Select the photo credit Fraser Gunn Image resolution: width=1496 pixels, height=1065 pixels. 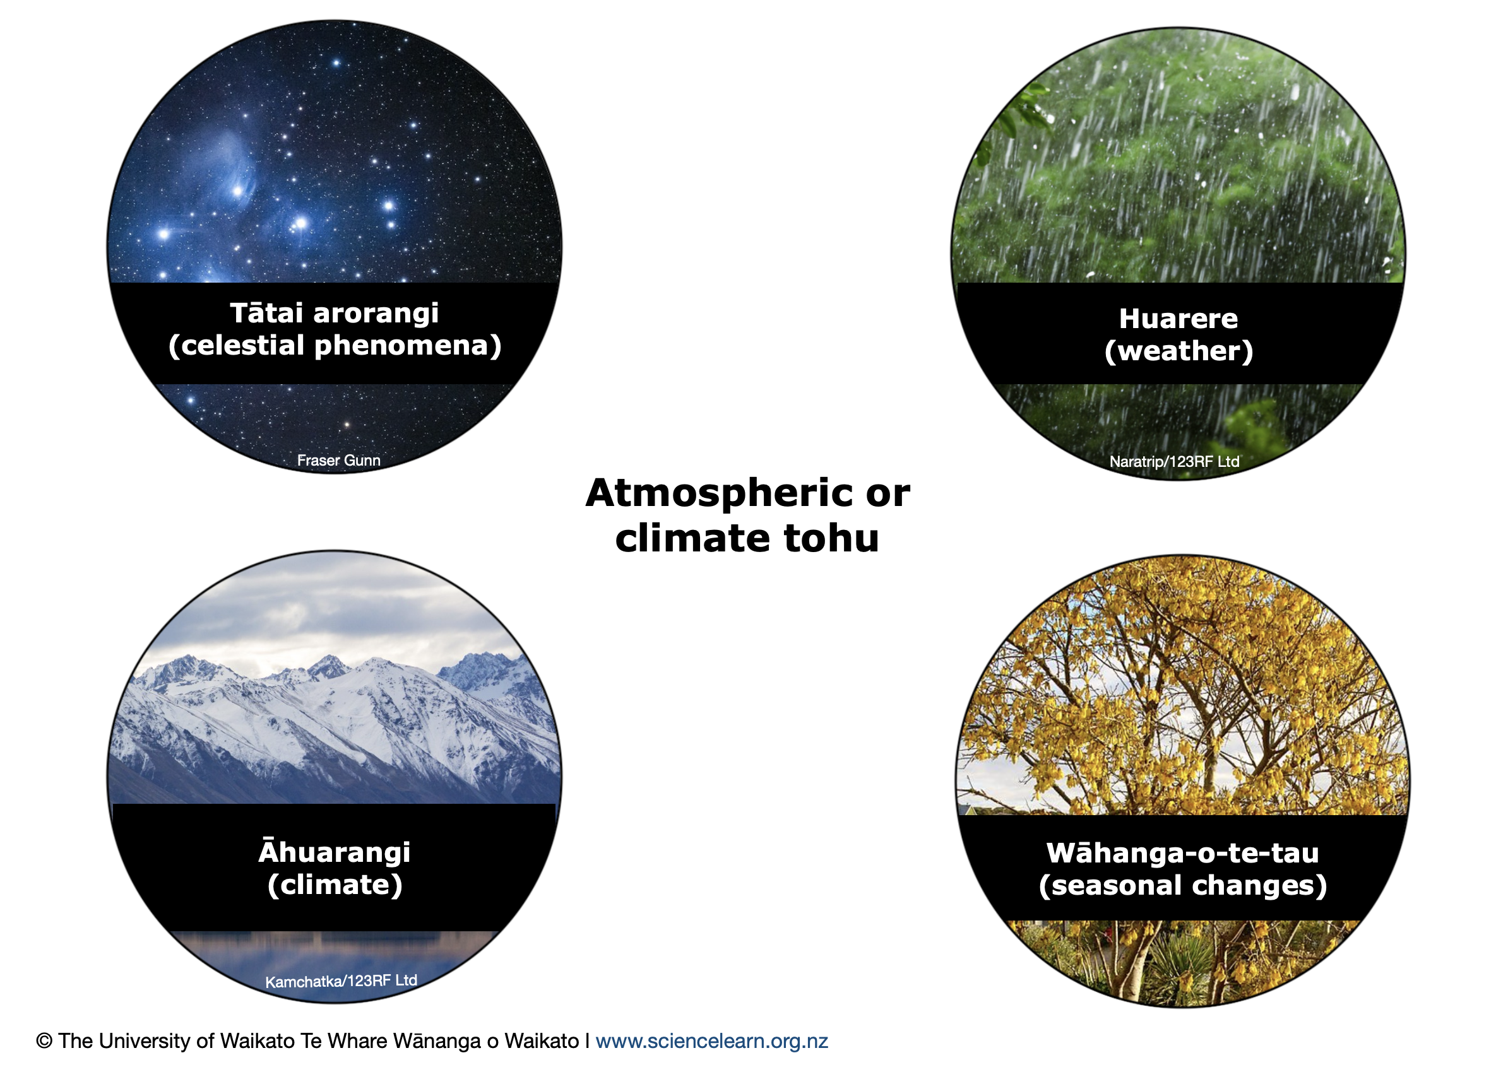(x=338, y=461)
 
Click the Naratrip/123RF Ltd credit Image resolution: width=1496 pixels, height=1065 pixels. (x=1174, y=462)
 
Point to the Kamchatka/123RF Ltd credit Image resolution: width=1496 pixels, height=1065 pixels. (x=341, y=981)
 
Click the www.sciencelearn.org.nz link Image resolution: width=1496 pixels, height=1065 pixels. (x=711, y=1041)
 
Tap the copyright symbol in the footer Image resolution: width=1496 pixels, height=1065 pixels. (x=44, y=1041)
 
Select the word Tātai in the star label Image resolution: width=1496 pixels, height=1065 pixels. (x=266, y=313)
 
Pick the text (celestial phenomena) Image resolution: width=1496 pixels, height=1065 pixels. (x=335, y=346)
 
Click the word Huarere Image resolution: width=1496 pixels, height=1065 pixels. (x=1178, y=319)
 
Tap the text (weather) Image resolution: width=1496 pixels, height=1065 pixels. (x=1178, y=351)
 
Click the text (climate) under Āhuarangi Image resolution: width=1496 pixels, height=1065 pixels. (x=335, y=885)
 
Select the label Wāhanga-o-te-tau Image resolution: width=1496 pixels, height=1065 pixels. (x=1182, y=852)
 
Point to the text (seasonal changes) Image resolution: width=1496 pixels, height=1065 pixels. (x=1182, y=885)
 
